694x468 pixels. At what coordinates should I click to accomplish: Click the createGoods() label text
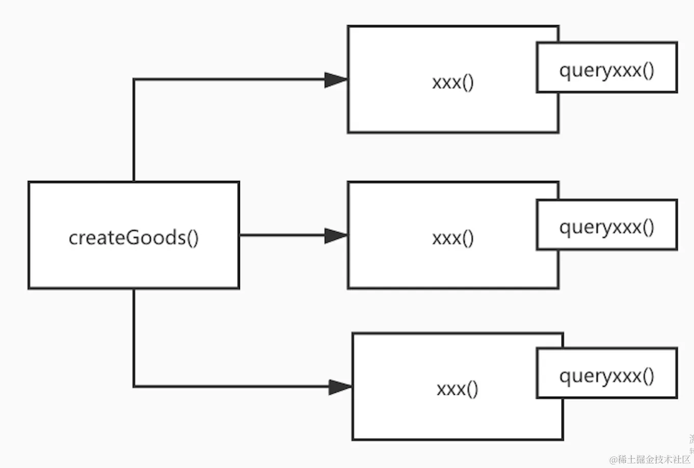tap(134, 238)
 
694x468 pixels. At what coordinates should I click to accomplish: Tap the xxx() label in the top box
tap(453, 82)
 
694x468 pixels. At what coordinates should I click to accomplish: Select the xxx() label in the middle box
tap(453, 238)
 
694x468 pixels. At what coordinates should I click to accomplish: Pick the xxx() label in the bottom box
tap(457, 389)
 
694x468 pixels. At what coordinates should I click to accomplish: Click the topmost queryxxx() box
tap(606, 68)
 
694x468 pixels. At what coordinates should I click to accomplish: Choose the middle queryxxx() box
tap(606, 225)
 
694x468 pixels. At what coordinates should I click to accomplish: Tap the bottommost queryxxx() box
tap(606, 373)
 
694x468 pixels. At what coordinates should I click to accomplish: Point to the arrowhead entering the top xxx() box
tap(336, 80)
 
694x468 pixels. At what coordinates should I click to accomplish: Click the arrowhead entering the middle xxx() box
tap(336, 235)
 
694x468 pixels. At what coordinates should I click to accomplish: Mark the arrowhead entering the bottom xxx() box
tap(340, 387)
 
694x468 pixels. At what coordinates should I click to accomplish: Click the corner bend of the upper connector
tap(134, 80)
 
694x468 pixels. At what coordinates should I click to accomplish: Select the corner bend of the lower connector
tap(134, 387)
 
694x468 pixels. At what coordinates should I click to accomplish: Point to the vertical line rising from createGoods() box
tap(134, 132)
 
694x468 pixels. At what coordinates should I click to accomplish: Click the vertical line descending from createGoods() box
tap(134, 336)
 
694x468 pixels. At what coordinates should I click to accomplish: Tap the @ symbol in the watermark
tap(613, 460)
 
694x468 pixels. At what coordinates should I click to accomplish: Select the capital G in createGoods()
tap(132, 238)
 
